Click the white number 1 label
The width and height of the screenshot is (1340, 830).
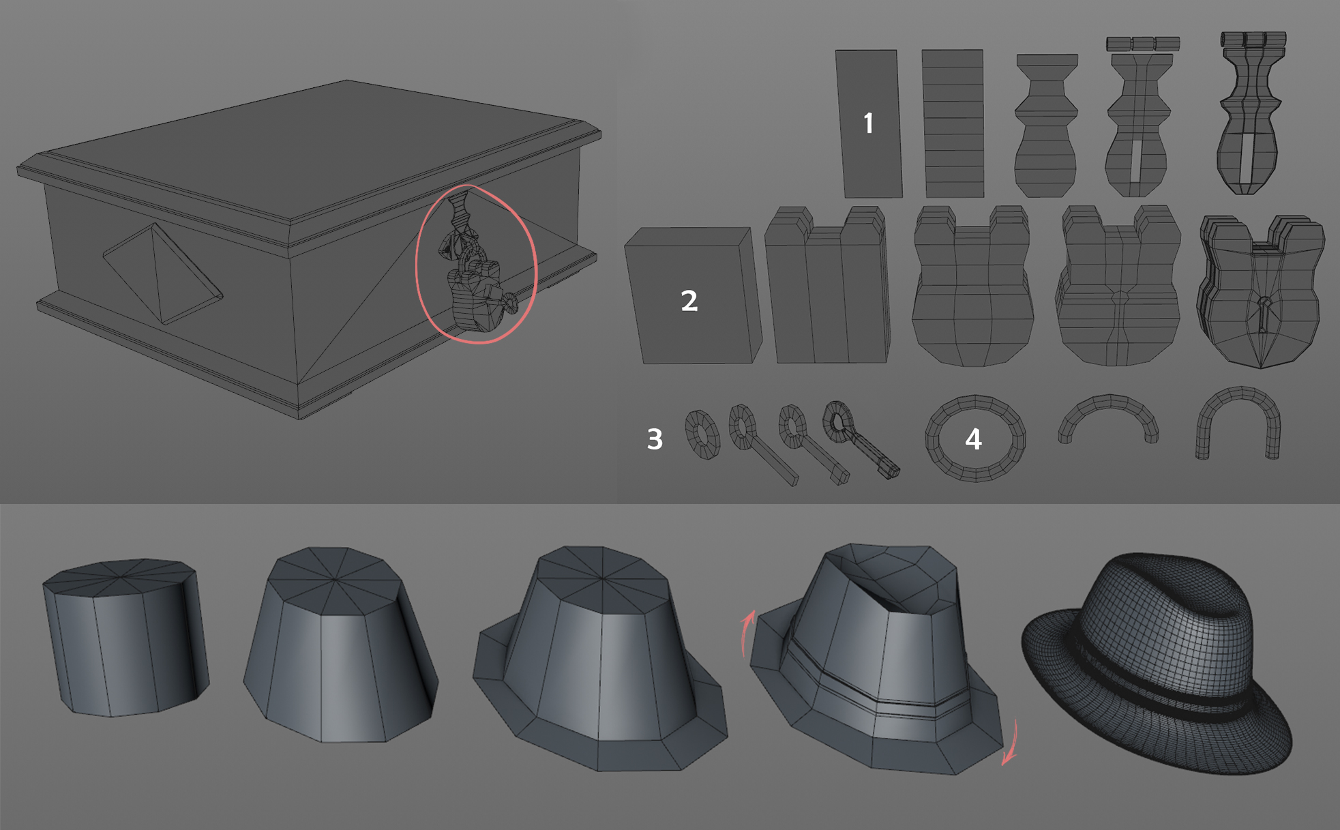(x=868, y=123)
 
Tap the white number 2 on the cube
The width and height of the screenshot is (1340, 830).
(x=689, y=301)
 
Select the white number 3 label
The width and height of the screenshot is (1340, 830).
(x=655, y=439)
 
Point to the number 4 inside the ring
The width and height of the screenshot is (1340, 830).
(x=973, y=439)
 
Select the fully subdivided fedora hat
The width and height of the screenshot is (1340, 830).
(x=1157, y=664)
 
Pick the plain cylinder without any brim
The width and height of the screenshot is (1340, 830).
(x=125, y=637)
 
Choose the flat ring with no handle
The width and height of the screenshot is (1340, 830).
(x=702, y=434)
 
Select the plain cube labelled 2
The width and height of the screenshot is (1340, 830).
(x=693, y=295)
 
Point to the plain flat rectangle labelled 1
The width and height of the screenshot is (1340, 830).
(x=868, y=123)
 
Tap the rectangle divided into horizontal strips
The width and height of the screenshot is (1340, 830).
(x=953, y=123)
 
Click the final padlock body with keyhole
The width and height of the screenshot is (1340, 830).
(x=1261, y=292)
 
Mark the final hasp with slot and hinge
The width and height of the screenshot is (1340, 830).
(x=1247, y=113)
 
